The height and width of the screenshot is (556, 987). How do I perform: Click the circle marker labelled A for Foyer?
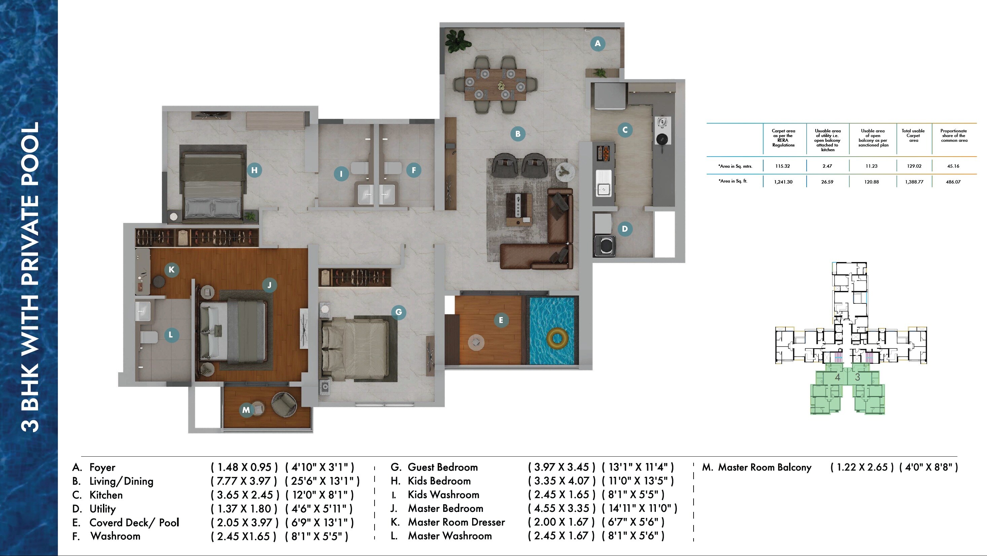[597, 44]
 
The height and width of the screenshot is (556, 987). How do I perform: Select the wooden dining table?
[495, 84]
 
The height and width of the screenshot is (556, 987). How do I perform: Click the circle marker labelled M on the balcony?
[246, 410]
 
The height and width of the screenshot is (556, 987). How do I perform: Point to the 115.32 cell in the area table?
[782, 166]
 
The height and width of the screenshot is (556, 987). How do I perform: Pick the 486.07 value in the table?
[953, 182]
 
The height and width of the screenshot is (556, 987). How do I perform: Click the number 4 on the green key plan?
[837, 377]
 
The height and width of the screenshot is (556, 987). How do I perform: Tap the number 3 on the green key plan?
[857, 377]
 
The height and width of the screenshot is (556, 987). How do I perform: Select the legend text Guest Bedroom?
[443, 467]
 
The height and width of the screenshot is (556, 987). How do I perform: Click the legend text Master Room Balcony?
[764, 467]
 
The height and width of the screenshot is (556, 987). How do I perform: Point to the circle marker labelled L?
[171, 335]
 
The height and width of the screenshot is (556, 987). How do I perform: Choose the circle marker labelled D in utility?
[625, 229]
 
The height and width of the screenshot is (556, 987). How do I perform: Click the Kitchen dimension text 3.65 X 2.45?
[244, 495]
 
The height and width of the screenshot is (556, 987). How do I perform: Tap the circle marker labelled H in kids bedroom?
[254, 170]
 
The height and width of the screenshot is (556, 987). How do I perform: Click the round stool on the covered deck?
[476, 341]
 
